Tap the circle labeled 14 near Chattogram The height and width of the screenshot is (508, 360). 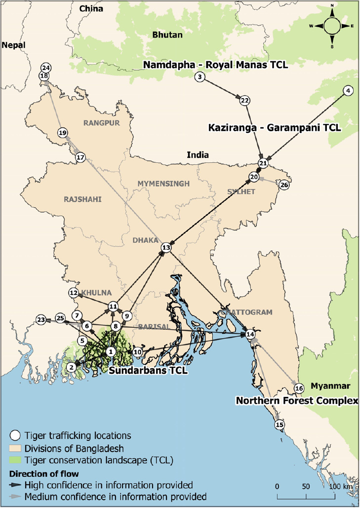pyautogui.click(x=250, y=334)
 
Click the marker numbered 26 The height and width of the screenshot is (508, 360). pyautogui.click(x=283, y=185)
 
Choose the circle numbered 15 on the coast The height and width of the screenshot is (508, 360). pyautogui.click(x=280, y=425)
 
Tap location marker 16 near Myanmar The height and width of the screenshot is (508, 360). pyautogui.click(x=298, y=389)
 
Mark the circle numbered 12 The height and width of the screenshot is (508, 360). pyautogui.click(x=74, y=293)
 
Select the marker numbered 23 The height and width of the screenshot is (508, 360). pyautogui.click(x=41, y=320)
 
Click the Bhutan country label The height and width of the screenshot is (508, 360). pyautogui.click(x=167, y=35)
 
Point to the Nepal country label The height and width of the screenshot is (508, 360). pyautogui.click(x=13, y=45)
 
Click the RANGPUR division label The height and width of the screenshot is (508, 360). pyautogui.click(x=102, y=123)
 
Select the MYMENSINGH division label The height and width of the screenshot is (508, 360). pyautogui.click(x=163, y=184)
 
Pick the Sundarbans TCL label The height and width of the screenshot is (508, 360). pyautogui.click(x=148, y=370)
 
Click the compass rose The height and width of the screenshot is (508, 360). pyautogui.click(x=332, y=26)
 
